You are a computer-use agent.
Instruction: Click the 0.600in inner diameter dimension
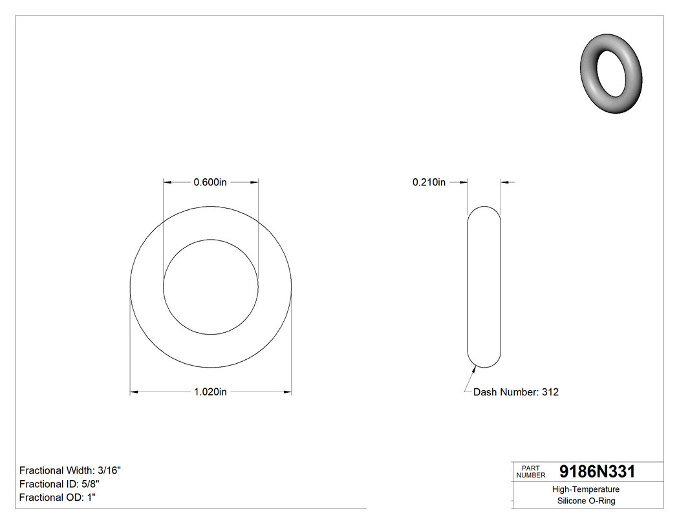pos(210,182)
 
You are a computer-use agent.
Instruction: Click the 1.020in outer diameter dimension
pos(210,392)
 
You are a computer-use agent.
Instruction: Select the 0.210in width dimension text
pos(429,182)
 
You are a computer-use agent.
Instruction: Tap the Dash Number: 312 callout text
pos(515,392)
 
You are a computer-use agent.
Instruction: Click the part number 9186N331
pos(597,472)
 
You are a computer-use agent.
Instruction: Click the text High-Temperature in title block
pos(587,490)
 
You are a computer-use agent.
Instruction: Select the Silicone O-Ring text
pos(587,501)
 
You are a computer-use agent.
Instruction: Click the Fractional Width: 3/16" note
pos(70,470)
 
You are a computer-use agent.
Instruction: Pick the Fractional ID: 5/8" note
pos(59,484)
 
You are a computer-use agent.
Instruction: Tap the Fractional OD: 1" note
pos(58,498)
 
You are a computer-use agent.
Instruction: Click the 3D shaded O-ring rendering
pos(612,73)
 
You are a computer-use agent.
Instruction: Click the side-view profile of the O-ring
pos(484,287)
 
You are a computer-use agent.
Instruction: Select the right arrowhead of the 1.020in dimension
pos(288,392)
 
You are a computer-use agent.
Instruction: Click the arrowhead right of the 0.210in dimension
pos(504,182)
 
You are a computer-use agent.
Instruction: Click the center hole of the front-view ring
pos(211,287)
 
